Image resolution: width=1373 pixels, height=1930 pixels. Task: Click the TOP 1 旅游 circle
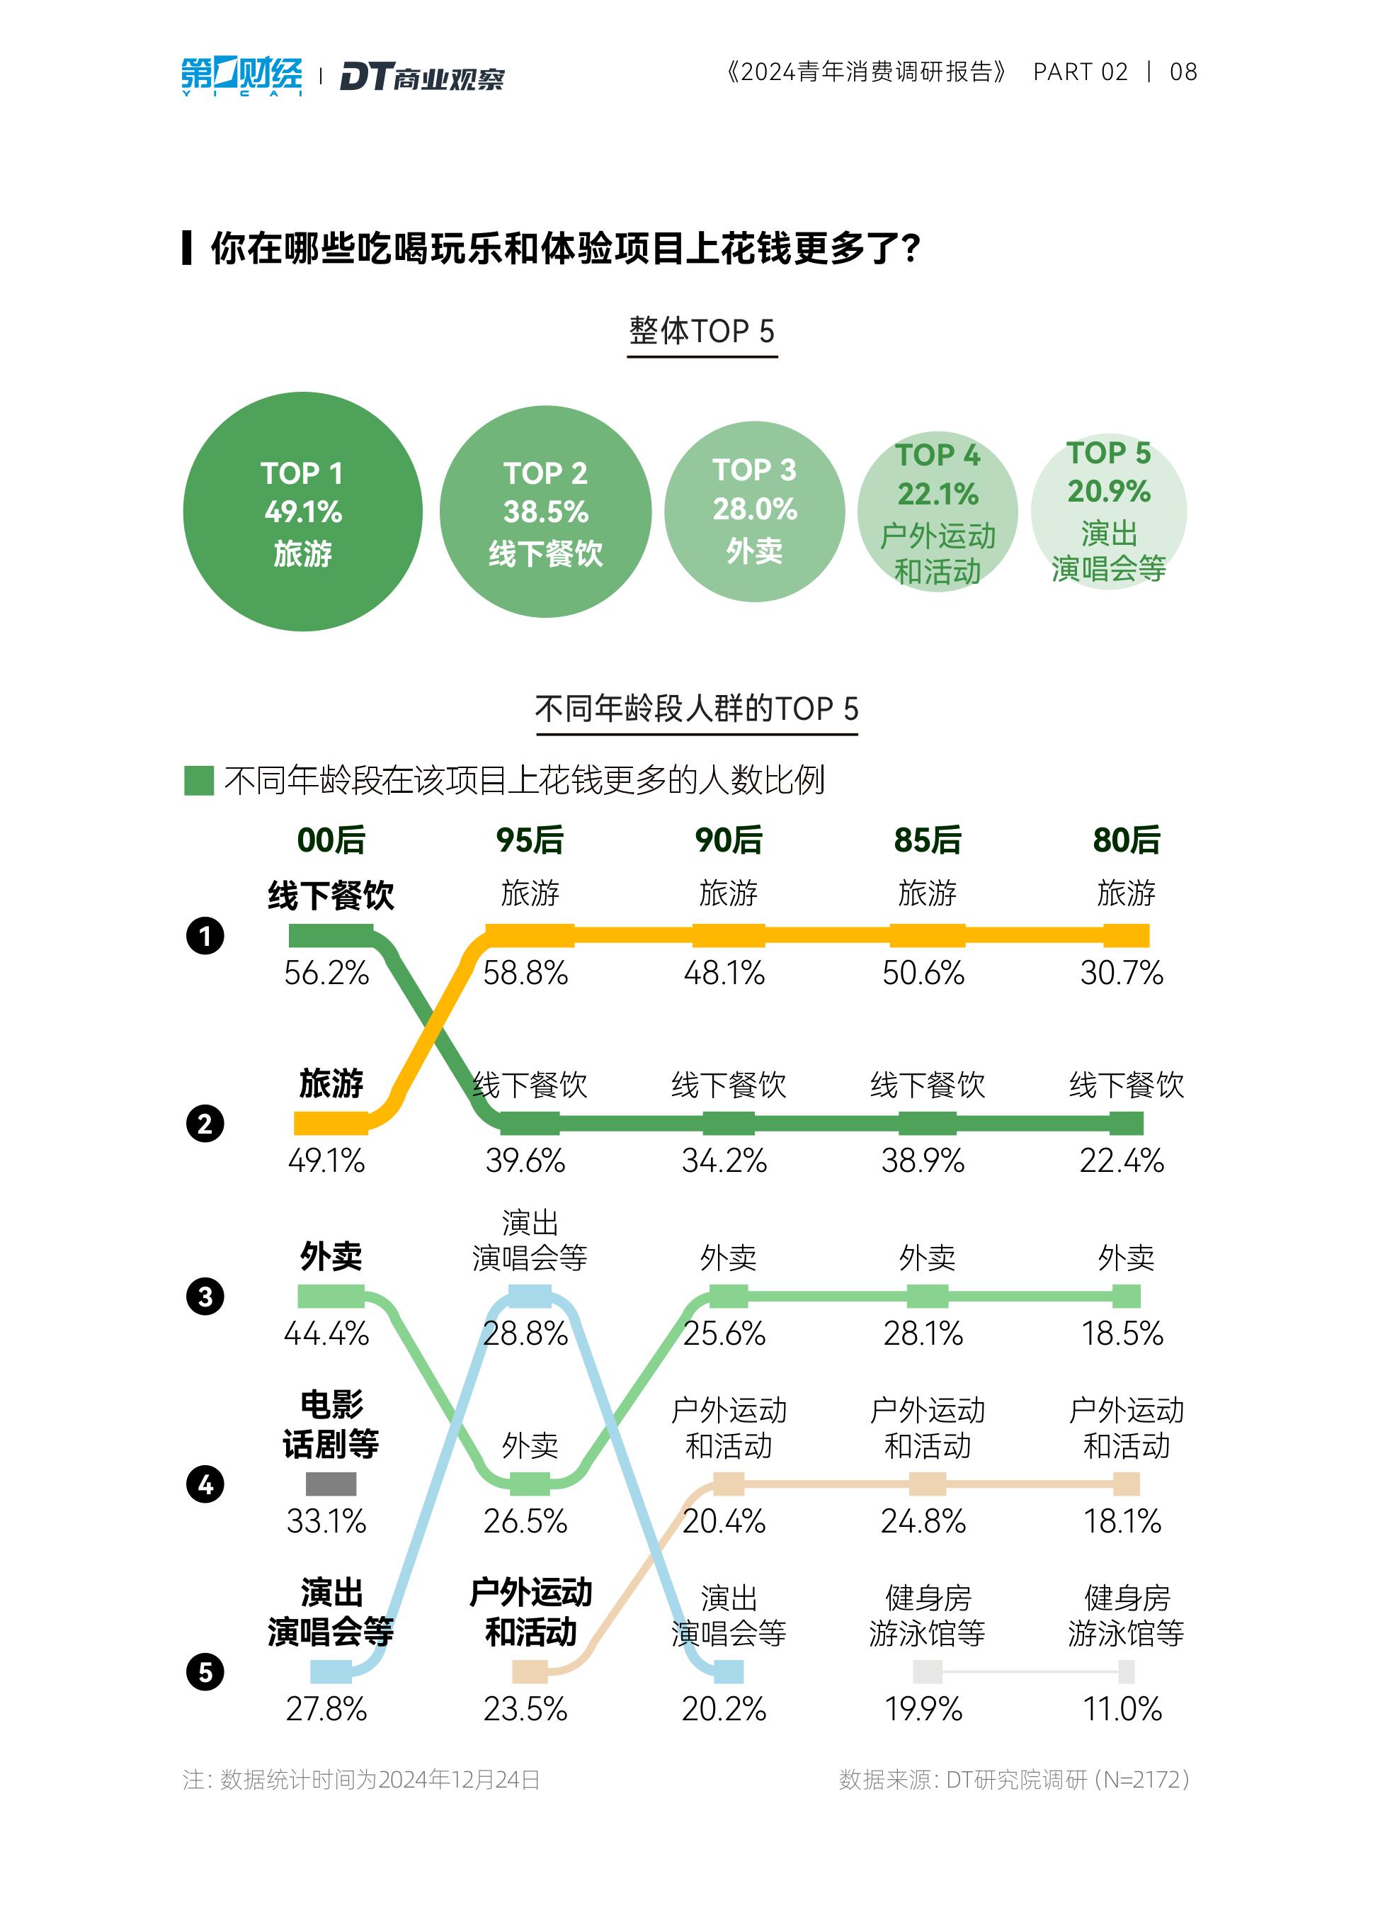[x=302, y=512]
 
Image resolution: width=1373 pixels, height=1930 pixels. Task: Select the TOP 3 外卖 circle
[x=754, y=512]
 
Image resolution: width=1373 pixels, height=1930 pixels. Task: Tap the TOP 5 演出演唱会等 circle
[x=1108, y=512]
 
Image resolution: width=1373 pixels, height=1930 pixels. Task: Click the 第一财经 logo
[x=241, y=75]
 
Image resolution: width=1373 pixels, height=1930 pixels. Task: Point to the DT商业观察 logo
[x=422, y=77]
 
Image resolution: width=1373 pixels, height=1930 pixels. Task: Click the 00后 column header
[x=331, y=840]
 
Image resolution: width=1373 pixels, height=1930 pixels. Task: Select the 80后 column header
[x=1126, y=840]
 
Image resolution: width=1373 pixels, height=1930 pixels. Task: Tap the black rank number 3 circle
[x=205, y=1297]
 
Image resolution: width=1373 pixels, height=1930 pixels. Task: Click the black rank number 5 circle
[x=205, y=1672]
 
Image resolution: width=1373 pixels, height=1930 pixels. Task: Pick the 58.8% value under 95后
[x=525, y=974]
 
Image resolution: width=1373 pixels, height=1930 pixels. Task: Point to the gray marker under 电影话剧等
[x=331, y=1484]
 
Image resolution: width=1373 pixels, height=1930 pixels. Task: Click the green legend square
[x=199, y=780]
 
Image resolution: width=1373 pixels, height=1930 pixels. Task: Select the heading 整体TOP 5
[x=702, y=331]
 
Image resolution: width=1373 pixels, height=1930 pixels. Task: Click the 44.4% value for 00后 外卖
[x=326, y=1333]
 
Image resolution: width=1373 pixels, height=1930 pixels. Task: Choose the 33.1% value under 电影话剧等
[x=326, y=1521]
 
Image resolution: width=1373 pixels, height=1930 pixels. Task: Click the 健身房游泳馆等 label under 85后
[x=927, y=1616]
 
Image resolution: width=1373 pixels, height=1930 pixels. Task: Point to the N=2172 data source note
[x=1015, y=1781]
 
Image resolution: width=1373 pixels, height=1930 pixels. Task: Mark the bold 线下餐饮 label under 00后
[x=331, y=896]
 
